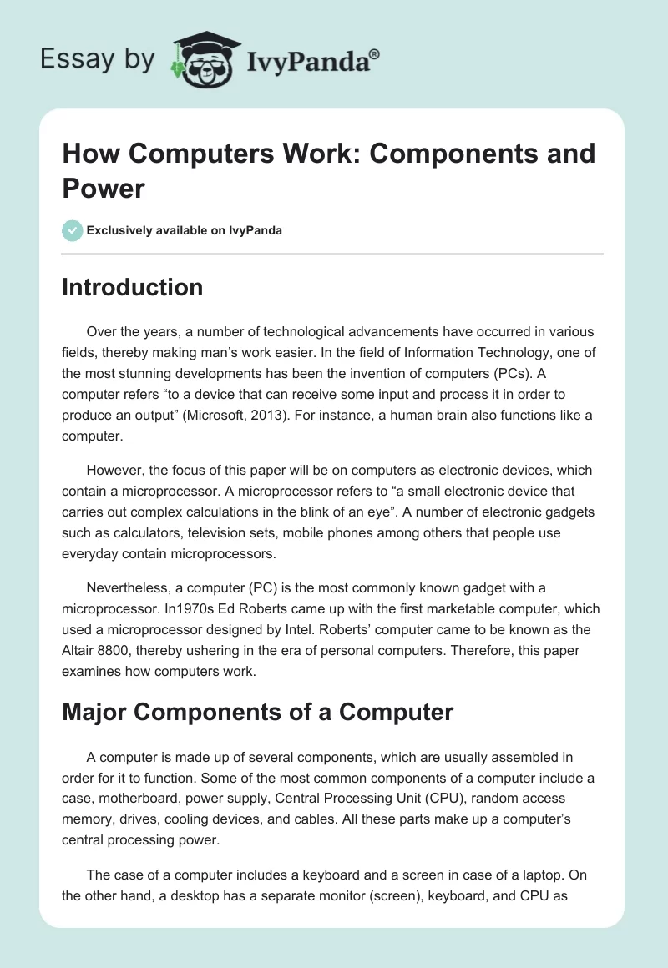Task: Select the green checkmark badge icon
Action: [x=73, y=230]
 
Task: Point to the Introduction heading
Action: [x=133, y=287]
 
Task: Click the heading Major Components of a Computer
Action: [x=258, y=712]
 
